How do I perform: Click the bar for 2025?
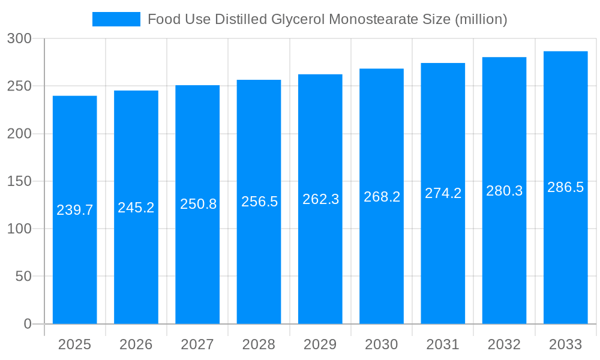coord(75,252)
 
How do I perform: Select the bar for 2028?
coord(259,252)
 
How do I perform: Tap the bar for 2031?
coord(443,252)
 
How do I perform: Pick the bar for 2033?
coord(566,252)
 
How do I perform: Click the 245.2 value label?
coord(136,208)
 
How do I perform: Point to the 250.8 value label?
coord(198,204)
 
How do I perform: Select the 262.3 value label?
coord(320,199)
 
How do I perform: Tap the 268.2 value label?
coord(382,197)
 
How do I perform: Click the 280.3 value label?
coord(505,191)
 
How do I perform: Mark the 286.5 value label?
coord(566,187)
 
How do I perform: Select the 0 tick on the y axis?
coord(28,324)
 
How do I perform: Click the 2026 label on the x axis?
coord(136,344)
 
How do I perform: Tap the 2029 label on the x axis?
coord(320,344)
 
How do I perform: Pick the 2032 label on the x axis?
coord(505,344)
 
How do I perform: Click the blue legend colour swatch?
coord(116,19)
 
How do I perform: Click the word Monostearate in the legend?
coord(370,19)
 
